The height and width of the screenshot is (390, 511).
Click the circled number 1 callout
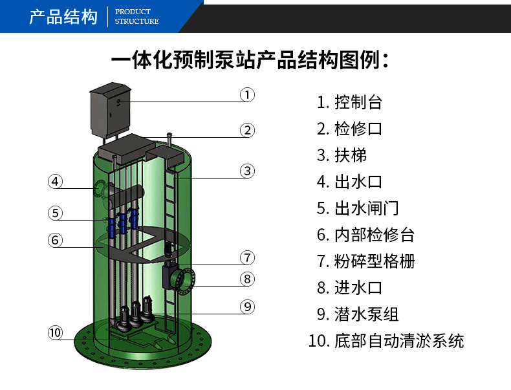(247, 95)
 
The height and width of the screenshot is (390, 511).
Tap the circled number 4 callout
(55, 182)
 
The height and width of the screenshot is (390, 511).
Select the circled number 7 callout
(247, 257)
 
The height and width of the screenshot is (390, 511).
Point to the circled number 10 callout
(55, 332)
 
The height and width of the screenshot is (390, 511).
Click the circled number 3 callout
(247, 171)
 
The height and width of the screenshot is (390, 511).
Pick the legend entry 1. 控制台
(349, 102)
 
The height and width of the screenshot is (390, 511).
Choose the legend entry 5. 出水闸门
(358, 208)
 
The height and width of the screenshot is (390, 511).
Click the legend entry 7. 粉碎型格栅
(365, 261)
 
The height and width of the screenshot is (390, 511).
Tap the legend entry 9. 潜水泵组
(358, 314)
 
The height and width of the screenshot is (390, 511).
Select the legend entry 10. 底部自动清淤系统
(386, 341)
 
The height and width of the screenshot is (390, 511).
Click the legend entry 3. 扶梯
(342, 155)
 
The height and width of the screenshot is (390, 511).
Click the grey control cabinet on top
(110, 110)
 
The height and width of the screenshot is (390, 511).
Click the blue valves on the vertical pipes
(123, 223)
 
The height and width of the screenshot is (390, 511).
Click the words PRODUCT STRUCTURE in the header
(136, 17)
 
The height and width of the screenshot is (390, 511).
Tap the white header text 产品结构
(63, 17)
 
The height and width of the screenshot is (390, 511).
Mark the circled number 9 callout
(247, 307)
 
